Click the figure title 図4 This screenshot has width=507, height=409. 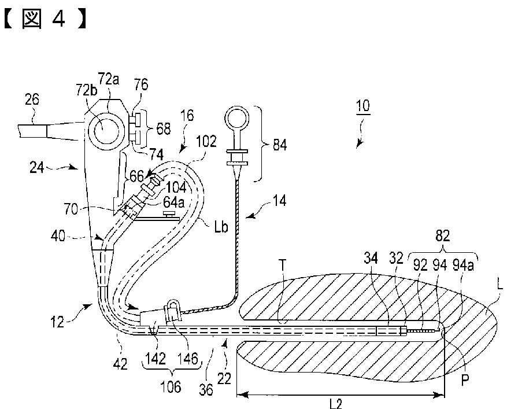click(45, 19)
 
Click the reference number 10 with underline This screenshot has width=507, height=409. click(363, 106)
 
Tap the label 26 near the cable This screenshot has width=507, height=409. click(32, 100)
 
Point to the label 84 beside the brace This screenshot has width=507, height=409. click(280, 145)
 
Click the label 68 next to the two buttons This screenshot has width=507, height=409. click(163, 128)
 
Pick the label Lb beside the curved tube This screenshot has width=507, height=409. click(221, 227)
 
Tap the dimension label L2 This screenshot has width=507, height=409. click(336, 403)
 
